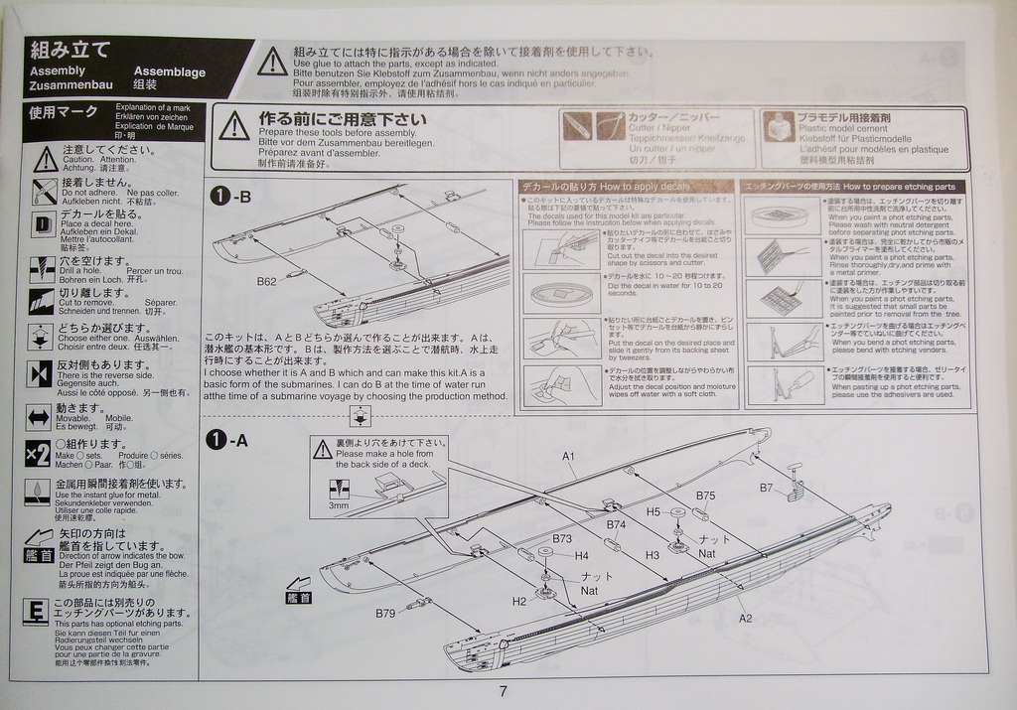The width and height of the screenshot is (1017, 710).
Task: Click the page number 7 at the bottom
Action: pos(504,691)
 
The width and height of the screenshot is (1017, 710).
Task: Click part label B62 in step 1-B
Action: pos(266,281)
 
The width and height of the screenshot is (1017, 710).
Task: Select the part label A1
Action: pos(569,456)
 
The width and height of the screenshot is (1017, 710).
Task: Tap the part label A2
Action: pos(745,618)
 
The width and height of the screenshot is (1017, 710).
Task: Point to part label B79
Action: pos(385,613)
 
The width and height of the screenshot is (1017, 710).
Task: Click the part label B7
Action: pos(766,488)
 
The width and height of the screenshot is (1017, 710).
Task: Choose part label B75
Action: pos(705,496)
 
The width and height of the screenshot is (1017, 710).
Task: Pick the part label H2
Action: pos(519,601)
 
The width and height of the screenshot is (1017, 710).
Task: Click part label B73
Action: pos(562,538)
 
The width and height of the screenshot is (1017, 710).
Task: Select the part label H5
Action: pos(653,511)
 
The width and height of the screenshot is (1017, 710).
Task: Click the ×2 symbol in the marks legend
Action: pos(38,454)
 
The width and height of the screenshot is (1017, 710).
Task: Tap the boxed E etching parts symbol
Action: pos(36,611)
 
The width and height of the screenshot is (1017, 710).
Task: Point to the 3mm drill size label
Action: pos(339,505)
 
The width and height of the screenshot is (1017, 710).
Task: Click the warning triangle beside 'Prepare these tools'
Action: pos(233,125)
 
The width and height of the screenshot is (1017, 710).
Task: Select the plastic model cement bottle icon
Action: pos(779,126)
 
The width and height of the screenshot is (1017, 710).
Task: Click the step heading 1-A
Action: pos(229,439)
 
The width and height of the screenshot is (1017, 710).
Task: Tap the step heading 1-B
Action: pos(230,197)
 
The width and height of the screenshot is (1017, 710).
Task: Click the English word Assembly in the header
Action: pos(58,71)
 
